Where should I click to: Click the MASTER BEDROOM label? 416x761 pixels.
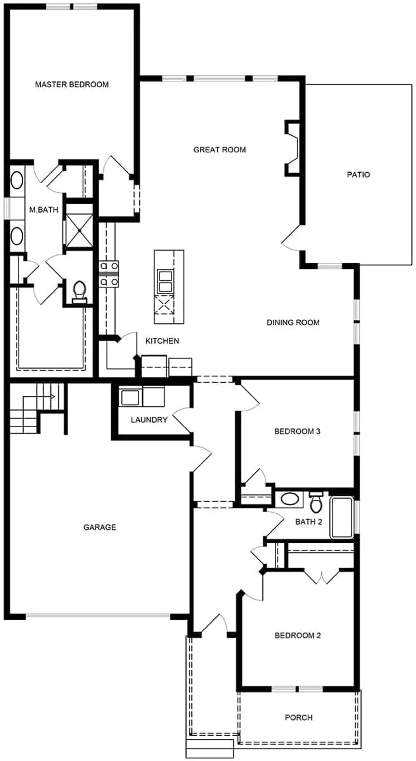[x=72, y=84]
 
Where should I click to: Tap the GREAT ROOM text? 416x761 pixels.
[x=220, y=149]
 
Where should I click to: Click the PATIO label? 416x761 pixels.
[x=358, y=174]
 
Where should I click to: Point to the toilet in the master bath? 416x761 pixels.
[x=78, y=291]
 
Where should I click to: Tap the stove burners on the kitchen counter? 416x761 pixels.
[x=109, y=274]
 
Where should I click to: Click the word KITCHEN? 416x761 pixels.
[x=163, y=341]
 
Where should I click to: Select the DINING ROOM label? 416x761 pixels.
[x=293, y=322]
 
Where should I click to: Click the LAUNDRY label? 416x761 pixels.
[x=149, y=419]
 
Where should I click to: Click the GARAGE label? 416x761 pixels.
[x=100, y=527]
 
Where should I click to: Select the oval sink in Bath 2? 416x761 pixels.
[x=290, y=499]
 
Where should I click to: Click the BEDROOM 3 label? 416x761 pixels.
[x=297, y=431]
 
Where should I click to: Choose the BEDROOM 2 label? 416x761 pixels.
[x=297, y=635]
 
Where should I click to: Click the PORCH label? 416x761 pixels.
[x=298, y=717]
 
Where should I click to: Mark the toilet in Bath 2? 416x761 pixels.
[x=316, y=503]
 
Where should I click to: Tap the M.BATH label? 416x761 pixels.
[x=44, y=209]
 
